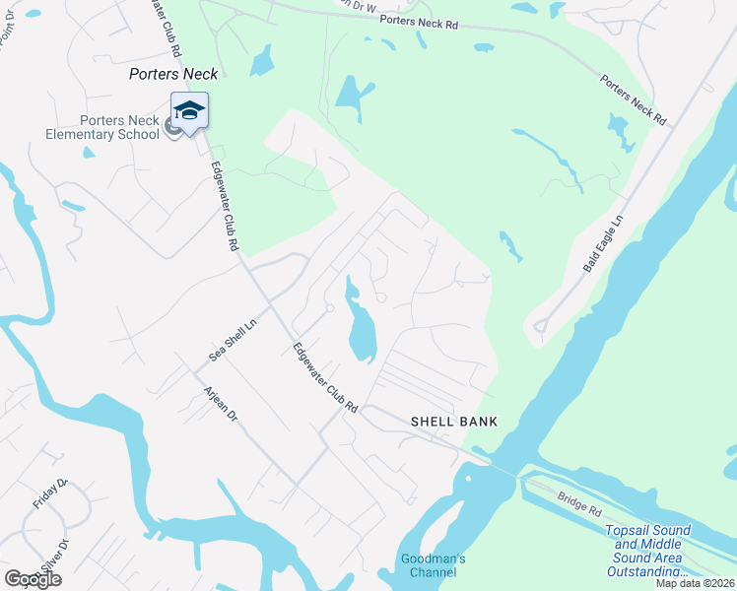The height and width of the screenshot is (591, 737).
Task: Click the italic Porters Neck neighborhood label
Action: [173, 74]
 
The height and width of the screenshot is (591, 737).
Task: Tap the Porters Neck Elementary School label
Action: [119, 127]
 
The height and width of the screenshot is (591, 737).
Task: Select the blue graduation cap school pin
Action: [189, 110]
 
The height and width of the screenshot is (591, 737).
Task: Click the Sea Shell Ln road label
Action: [233, 340]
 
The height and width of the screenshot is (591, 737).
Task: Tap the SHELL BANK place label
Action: [454, 422]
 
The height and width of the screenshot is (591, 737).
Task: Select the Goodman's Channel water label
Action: [433, 565]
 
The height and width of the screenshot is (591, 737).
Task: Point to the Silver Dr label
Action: [54, 557]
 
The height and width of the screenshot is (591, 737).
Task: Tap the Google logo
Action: [33, 579]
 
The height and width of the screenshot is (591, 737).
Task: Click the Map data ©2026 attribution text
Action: [696, 583]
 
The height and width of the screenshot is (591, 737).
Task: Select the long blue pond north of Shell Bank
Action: [360, 325]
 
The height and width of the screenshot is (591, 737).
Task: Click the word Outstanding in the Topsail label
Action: [647, 571]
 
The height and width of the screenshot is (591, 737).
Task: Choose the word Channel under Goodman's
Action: [433, 572]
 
